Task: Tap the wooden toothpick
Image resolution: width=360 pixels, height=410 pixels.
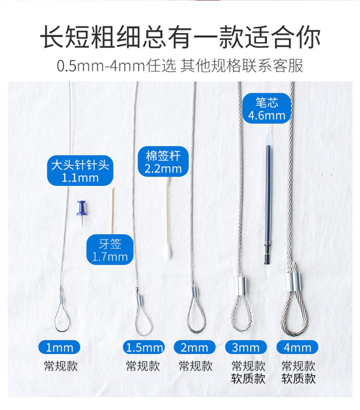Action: pyautogui.click(x=113, y=210)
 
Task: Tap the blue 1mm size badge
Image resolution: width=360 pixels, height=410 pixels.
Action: pyautogui.click(x=59, y=348)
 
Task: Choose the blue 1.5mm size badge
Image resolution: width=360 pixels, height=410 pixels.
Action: pyautogui.click(x=144, y=348)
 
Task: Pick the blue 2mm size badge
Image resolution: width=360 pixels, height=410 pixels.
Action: pyautogui.click(x=194, y=348)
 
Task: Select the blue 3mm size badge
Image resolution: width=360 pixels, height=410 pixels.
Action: pyautogui.click(x=246, y=348)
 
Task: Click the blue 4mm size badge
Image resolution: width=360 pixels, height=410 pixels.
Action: pyautogui.click(x=298, y=348)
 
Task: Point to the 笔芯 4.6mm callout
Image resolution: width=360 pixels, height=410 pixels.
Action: pyautogui.click(x=267, y=108)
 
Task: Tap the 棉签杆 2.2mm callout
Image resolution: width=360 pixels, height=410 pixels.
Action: pyautogui.click(x=163, y=161)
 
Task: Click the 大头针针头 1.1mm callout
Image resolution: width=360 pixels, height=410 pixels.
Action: pyautogui.click(x=80, y=170)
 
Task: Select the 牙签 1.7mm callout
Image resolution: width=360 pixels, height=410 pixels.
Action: pyautogui.click(x=110, y=250)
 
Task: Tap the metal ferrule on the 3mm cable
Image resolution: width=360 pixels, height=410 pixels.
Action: pyautogui.click(x=241, y=286)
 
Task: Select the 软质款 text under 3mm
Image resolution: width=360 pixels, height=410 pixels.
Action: pyautogui.click(x=248, y=379)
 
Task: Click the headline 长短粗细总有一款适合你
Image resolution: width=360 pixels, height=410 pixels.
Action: pyautogui.click(x=180, y=37)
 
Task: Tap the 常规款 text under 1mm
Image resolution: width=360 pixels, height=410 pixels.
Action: pyautogui.click(x=61, y=366)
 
